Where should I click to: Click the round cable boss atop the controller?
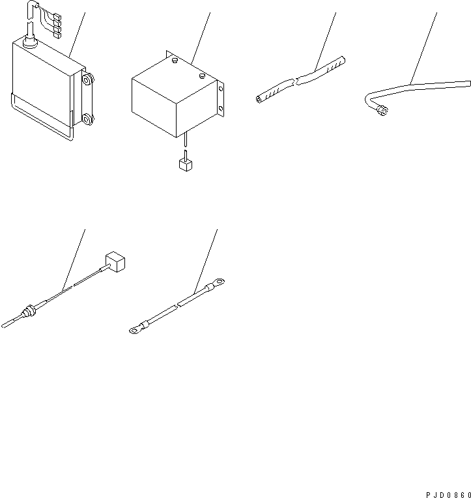point(29,42)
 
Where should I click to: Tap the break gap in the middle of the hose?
point(295,80)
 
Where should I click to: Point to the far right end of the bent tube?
point(467,83)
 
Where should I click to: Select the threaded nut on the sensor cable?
point(29,311)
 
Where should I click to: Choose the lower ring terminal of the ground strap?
point(134,330)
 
